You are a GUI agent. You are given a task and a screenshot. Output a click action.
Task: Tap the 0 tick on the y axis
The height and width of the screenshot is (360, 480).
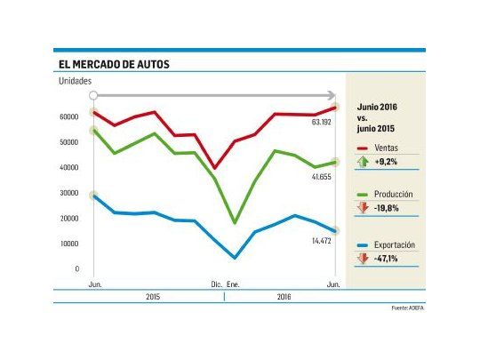coord(77,268)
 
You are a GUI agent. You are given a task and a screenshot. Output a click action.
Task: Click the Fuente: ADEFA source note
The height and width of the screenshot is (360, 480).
coord(407,308)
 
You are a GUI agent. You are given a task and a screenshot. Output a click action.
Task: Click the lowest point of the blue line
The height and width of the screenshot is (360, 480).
coord(236,259)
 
